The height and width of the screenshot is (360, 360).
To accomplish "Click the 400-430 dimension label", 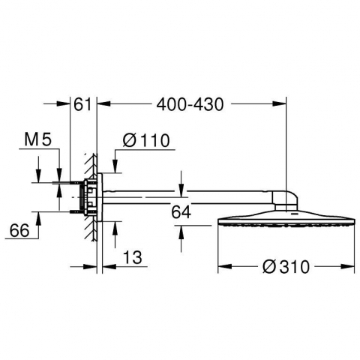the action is pos(190,104).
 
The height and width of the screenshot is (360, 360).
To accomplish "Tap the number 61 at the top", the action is pos(83,104).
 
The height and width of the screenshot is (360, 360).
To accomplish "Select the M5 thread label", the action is pos(38,139).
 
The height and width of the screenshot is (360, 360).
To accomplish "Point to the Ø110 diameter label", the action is pos(146,140).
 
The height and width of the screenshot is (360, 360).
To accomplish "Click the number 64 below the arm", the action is pos(181,212).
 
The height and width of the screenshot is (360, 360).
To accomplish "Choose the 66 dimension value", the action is pos(19,230).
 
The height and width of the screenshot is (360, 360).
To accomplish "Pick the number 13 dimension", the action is pos(133,257).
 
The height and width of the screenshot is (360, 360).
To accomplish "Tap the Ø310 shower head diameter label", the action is pos(286,267).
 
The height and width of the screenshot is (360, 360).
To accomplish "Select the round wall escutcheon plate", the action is pos(100,197).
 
